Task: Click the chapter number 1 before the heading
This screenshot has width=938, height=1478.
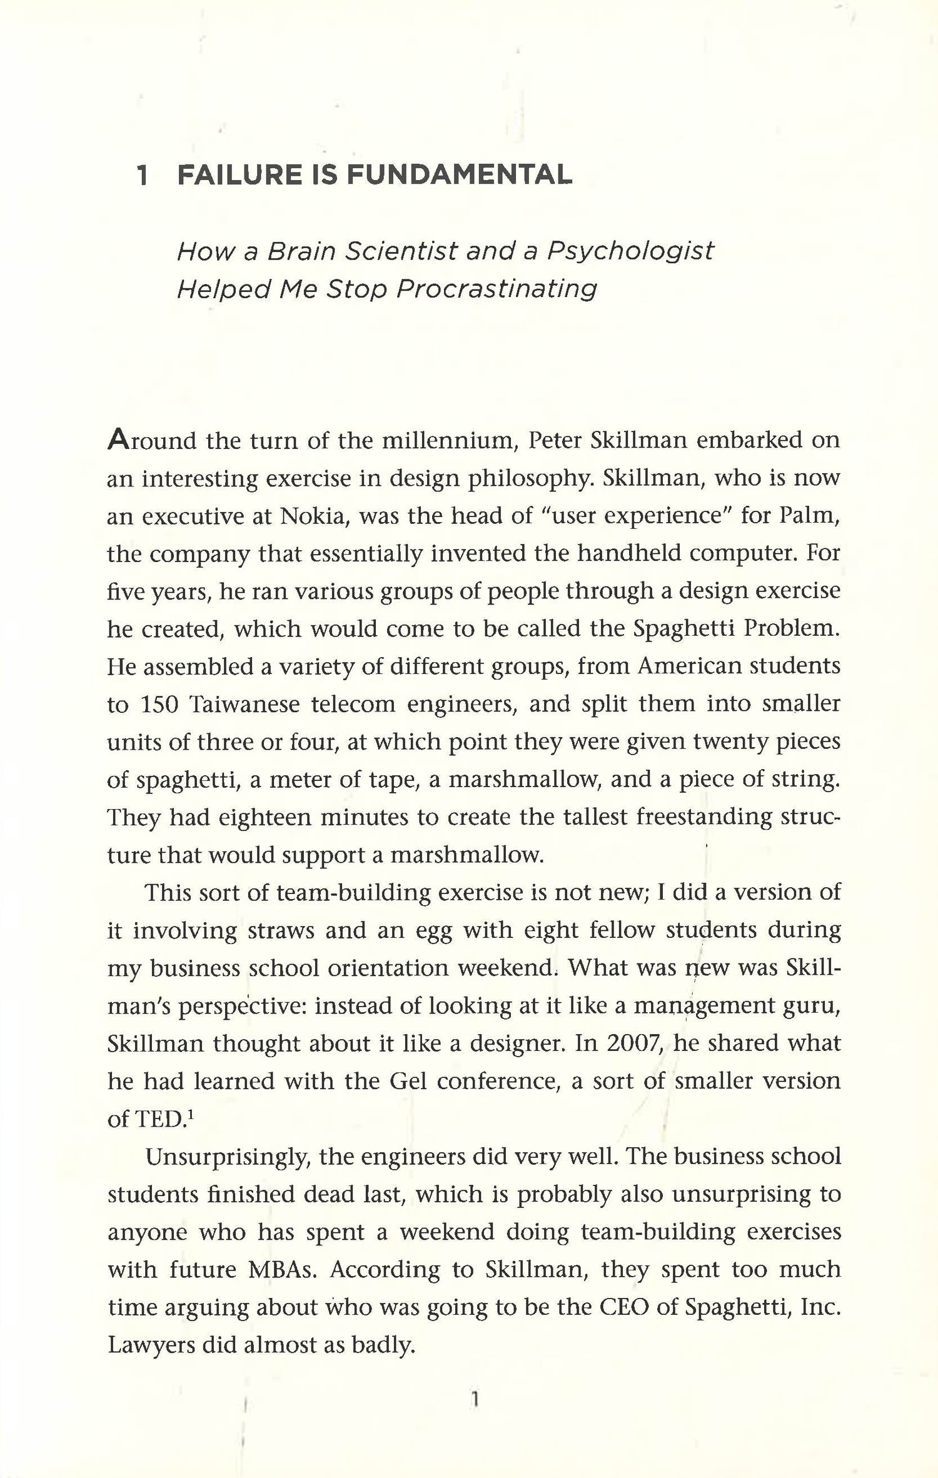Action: [x=143, y=176]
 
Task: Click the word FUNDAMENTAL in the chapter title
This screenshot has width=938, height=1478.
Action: [x=459, y=176]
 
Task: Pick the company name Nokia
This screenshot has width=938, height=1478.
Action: [x=315, y=516]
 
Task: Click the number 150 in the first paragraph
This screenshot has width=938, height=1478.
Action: [x=159, y=705]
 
